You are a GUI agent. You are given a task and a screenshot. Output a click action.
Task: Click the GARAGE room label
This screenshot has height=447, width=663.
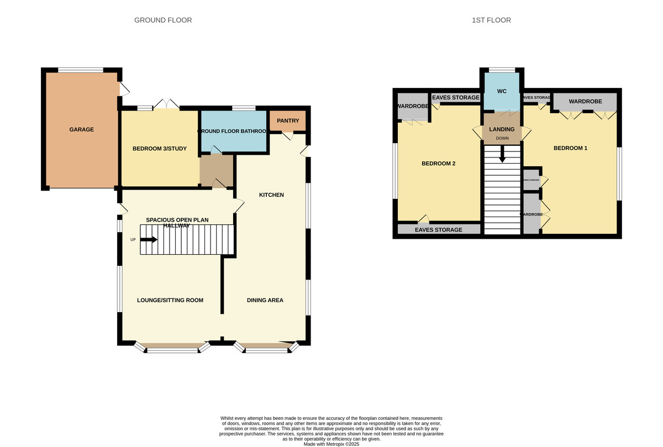pyautogui.click(x=81, y=130)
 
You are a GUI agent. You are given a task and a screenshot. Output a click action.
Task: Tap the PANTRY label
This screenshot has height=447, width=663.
pyautogui.click(x=287, y=120)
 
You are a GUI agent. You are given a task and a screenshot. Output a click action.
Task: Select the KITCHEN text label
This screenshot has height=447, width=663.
pyautogui.click(x=271, y=195)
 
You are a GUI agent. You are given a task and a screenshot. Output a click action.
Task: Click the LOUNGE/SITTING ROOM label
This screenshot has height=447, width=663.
pyautogui.click(x=170, y=300)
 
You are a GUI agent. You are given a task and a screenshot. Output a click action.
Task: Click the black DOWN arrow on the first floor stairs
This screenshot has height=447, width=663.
pyautogui.click(x=502, y=154)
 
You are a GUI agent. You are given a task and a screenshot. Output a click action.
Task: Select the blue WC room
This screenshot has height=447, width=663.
pyautogui.click(x=502, y=91)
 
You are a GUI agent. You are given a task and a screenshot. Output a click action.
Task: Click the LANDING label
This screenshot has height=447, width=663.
pyautogui.click(x=502, y=129)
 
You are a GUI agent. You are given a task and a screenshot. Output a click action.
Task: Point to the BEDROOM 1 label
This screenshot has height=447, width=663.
pyautogui.click(x=570, y=148)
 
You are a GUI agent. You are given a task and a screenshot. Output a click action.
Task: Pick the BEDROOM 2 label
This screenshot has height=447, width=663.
pyautogui.click(x=438, y=164)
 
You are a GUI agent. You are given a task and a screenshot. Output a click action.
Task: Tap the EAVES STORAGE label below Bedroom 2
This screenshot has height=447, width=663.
pyautogui.click(x=439, y=230)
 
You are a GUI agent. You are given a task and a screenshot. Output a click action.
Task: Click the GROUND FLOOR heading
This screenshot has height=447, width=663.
pyautogui.click(x=163, y=20)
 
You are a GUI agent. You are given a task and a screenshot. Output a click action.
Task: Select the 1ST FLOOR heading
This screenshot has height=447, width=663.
pyautogui.click(x=491, y=20)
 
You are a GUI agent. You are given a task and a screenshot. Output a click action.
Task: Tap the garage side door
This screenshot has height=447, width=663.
pyautogui.click(x=124, y=88)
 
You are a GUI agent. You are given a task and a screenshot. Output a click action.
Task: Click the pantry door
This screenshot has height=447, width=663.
pyautogui.click(x=287, y=135)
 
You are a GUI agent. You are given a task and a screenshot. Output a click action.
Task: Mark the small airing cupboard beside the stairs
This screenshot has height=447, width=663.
pyautogui.click(x=532, y=180)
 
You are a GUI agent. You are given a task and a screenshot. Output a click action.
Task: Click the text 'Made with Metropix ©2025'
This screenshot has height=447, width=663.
pyautogui.click(x=331, y=444)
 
